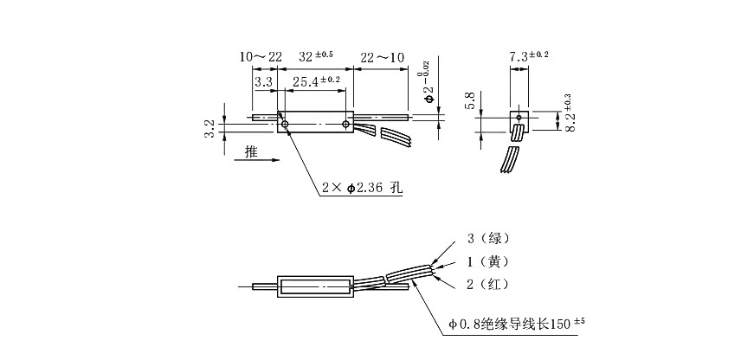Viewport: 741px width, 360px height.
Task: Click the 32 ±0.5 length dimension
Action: [316, 57]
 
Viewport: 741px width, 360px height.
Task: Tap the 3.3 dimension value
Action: [263, 81]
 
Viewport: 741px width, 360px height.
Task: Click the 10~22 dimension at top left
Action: [261, 57]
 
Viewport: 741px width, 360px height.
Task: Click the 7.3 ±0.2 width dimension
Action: [529, 55]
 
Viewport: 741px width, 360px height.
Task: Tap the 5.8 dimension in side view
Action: [470, 100]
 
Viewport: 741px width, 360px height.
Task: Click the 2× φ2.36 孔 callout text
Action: [364, 187]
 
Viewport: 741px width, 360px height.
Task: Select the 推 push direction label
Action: [251, 152]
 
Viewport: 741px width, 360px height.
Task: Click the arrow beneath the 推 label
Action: [256, 160]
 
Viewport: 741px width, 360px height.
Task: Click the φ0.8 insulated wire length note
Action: [518, 325]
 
